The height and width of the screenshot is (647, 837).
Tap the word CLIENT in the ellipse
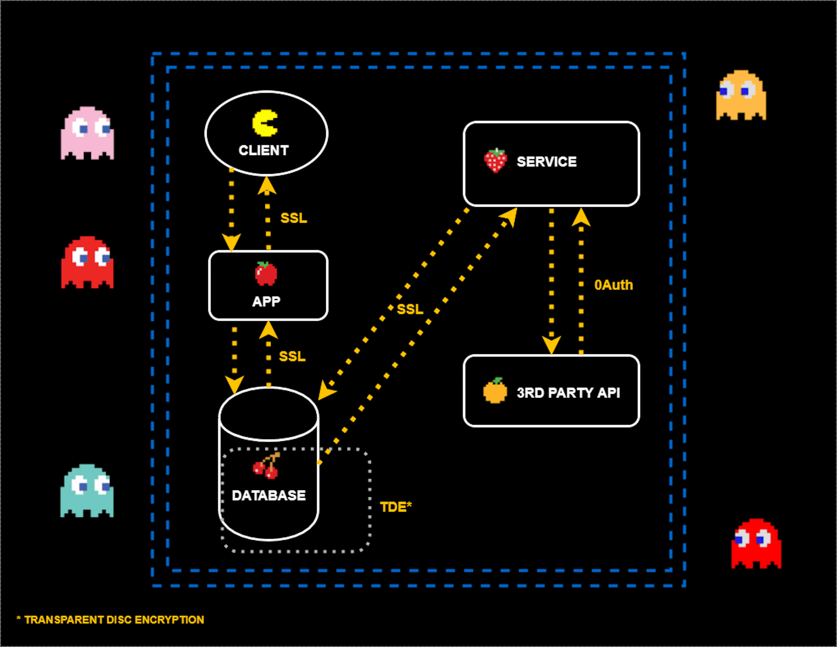click(x=264, y=150)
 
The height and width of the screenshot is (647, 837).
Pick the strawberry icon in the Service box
click(x=495, y=161)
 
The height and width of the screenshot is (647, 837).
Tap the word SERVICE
click(x=546, y=162)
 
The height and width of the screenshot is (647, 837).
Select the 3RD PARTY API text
click(x=568, y=393)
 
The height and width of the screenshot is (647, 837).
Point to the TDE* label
click(x=396, y=507)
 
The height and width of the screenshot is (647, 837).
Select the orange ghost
click(x=741, y=95)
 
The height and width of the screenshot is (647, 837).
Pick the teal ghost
click(x=87, y=491)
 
